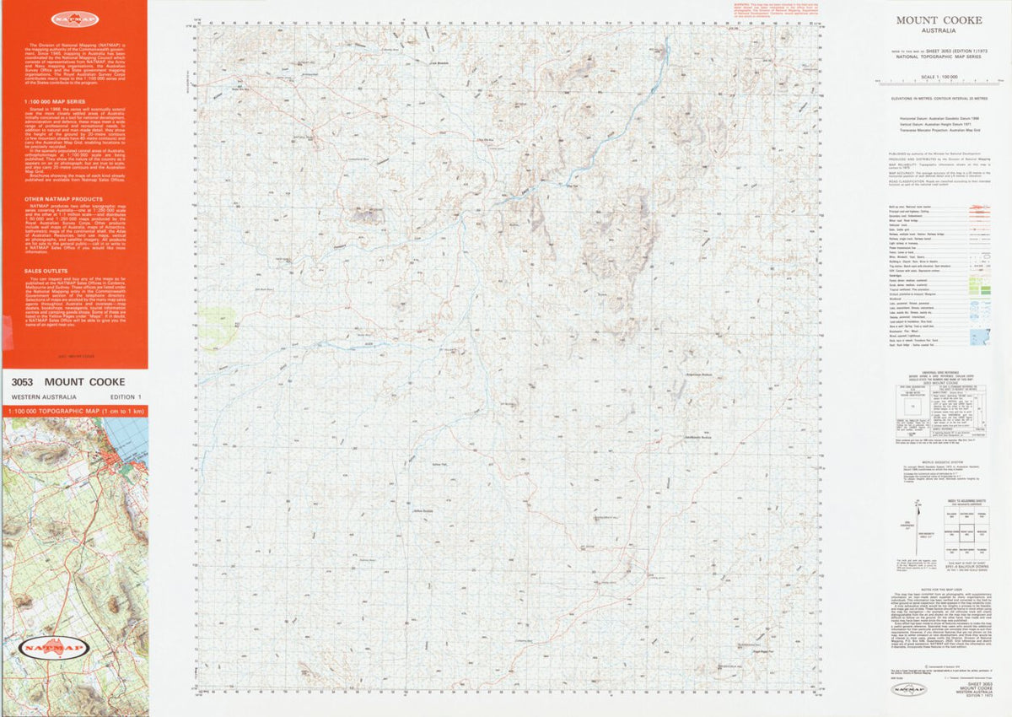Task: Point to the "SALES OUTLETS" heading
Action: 44,272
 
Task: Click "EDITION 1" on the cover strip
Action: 126,397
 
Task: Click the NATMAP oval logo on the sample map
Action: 73,647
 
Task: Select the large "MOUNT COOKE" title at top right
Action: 939,20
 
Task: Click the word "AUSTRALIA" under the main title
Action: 939,30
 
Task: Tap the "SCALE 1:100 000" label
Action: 939,77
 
